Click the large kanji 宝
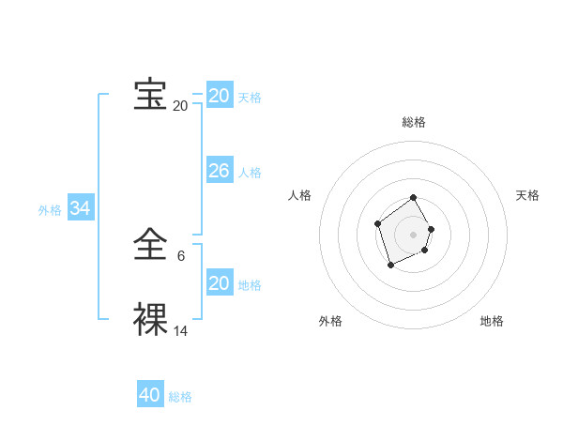pos(150,95)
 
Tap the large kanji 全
pos(150,246)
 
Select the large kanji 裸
pos(150,320)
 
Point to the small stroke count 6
pos(181,256)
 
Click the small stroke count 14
pos(180,331)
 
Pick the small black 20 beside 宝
pos(180,106)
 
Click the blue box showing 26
pos(219,171)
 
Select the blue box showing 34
pos(81,208)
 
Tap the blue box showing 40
pos(149,395)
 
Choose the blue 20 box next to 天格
pos(219,96)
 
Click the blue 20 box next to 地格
pos(219,283)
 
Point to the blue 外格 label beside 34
pos(50,210)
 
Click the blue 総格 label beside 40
pos(180,397)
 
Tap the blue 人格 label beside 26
pos(250,173)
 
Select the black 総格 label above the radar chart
pos(414,122)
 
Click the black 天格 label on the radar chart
pos(527,195)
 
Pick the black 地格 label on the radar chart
pos(492,321)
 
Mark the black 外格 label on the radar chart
pos(330,321)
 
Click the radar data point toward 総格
pos(414,199)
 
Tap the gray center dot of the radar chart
pos(414,234)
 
